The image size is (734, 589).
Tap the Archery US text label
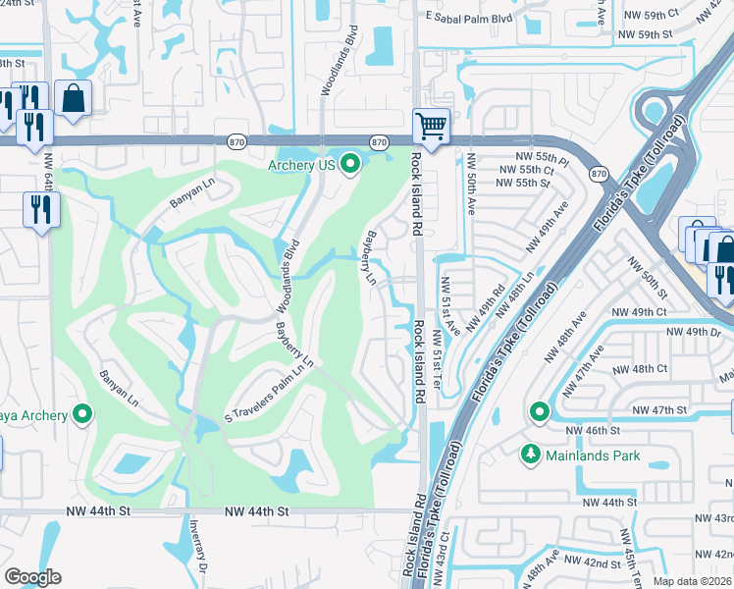(x=301, y=165)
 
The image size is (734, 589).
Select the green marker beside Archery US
(x=351, y=165)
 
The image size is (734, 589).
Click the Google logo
(x=32, y=576)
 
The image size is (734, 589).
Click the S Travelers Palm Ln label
(x=269, y=389)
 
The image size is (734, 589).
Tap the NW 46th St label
(x=593, y=430)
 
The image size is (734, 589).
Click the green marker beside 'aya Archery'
(x=81, y=415)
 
